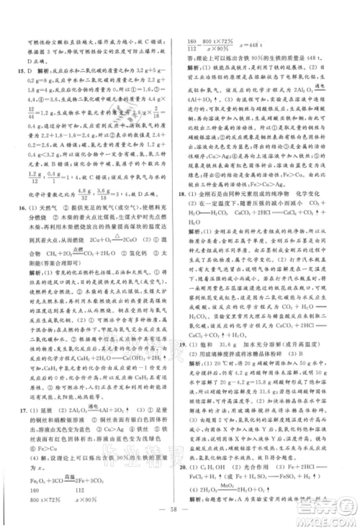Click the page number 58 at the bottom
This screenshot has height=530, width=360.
pyautogui.click(x=179, y=516)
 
